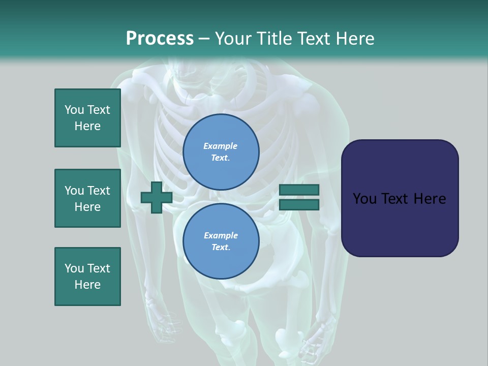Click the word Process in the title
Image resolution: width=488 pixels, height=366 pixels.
coord(160,39)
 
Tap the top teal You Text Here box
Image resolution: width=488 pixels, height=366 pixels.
coord(87,118)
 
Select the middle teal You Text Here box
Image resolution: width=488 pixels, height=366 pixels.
coord(87,198)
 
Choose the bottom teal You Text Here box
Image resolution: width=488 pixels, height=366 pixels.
coord(87,277)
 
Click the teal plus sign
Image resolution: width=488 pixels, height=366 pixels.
coord(156,198)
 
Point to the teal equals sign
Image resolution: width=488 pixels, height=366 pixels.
coord(299,197)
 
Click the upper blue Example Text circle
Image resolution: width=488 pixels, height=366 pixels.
coord(221,151)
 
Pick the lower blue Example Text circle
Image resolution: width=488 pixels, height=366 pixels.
coord(221,241)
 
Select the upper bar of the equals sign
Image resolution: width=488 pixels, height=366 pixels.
coord(299,190)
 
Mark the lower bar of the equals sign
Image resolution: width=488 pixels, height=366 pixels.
coord(299,204)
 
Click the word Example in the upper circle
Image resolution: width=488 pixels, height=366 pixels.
coord(221,146)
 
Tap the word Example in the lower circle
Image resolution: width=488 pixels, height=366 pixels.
coord(221,235)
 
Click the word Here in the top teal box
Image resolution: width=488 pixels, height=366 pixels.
coord(87,126)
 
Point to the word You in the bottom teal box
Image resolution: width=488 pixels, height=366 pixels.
coord(74,268)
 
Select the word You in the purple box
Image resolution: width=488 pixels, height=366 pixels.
coord(364,199)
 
